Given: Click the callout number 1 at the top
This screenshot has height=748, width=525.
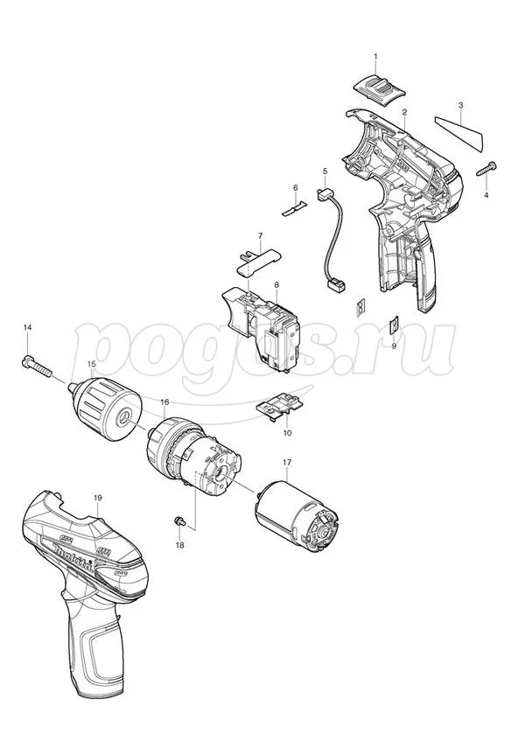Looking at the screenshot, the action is click(375, 57).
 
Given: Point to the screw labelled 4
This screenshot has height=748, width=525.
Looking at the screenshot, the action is click(486, 170).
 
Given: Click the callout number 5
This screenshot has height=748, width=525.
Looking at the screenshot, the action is click(325, 171).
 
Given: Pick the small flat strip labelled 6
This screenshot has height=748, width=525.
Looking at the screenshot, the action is click(292, 209).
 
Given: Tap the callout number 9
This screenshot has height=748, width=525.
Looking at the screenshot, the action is click(394, 346).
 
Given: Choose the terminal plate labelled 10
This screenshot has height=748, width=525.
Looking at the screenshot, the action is click(280, 406).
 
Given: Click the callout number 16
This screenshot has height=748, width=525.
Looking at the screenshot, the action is click(164, 402).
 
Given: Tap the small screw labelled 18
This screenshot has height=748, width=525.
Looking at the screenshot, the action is click(180, 521).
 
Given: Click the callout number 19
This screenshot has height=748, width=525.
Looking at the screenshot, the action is click(98, 498).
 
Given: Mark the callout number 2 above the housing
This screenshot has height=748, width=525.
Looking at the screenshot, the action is click(404, 112).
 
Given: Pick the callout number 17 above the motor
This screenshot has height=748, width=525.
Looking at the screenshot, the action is click(287, 462).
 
